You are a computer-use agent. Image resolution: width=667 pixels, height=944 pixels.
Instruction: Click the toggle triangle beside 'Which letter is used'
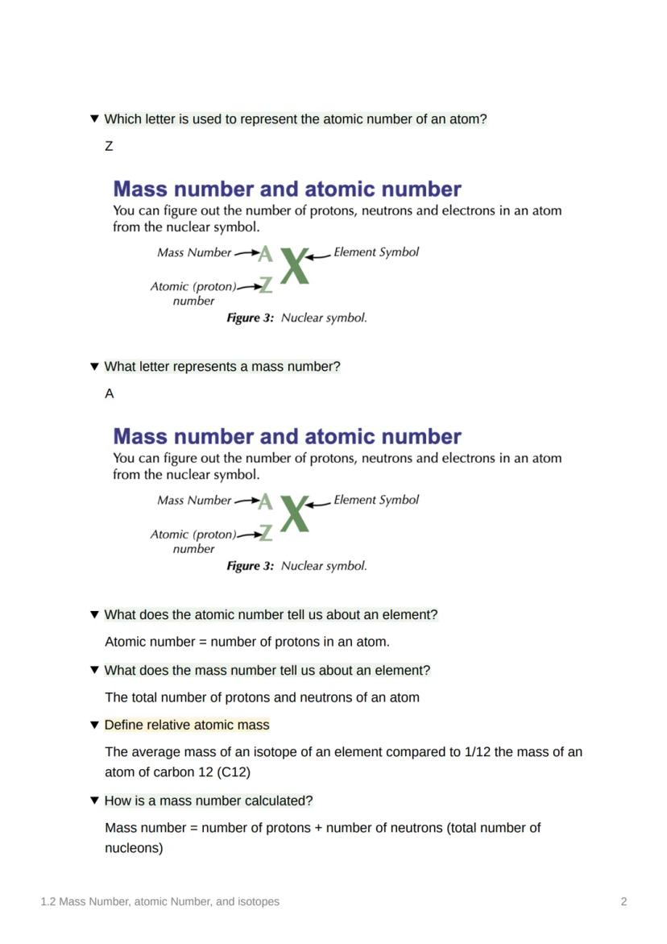pyautogui.click(x=94, y=119)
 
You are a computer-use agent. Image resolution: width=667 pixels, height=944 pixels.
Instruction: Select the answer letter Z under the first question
pyautogui.click(x=109, y=147)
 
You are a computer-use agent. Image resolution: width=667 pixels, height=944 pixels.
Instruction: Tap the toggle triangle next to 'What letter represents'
pyautogui.click(x=94, y=367)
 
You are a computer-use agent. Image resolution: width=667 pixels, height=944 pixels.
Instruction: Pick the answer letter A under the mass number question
pyautogui.click(x=110, y=394)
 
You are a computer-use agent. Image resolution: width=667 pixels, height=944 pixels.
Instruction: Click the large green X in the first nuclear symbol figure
pyautogui.click(x=295, y=265)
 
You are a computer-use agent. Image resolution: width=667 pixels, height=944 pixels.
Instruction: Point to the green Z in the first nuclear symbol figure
pyautogui.click(x=266, y=285)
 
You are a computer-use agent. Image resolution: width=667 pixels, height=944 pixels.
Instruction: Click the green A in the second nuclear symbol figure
pyautogui.click(x=265, y=502)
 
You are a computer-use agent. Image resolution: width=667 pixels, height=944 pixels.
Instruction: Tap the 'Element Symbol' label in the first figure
pyautogui.click(x=376, y=252)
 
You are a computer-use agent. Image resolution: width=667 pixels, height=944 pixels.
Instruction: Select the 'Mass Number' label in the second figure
pyautogui.click(x=194, y=501)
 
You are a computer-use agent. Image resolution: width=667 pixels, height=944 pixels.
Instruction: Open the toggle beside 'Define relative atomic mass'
pyautogui.click(x=94, y=725)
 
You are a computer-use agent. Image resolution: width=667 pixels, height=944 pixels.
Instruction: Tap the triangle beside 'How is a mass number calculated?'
pyautogui.click(x=94, y=801)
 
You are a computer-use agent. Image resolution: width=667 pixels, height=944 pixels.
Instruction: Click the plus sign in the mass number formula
pyautogui.click(x=319, y=828)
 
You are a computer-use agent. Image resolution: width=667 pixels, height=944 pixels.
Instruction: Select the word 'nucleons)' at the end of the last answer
pyautogui.click(x=134, y=848)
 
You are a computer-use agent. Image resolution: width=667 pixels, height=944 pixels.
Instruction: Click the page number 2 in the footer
pyautogui.click(x=623, y=902)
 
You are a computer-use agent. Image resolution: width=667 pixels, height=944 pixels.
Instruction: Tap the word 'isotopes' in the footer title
pyautogui.click(x=259, y=902)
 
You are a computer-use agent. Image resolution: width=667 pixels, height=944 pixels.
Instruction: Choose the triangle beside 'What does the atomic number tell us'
pyautogui.click(x=94, y=614)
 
